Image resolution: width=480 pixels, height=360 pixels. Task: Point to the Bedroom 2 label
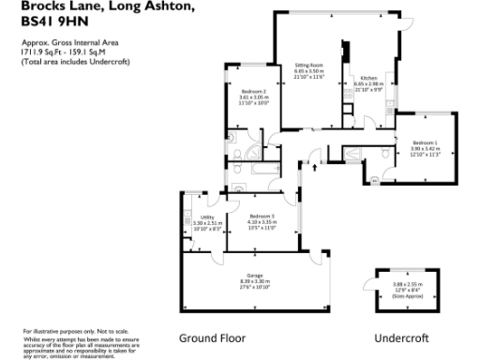point(252,91)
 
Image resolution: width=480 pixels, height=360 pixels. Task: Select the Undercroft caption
point(400,337)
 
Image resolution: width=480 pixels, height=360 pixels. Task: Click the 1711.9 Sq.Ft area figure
point(39,53)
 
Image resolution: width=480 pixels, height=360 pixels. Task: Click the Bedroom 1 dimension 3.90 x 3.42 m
point(424,148)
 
